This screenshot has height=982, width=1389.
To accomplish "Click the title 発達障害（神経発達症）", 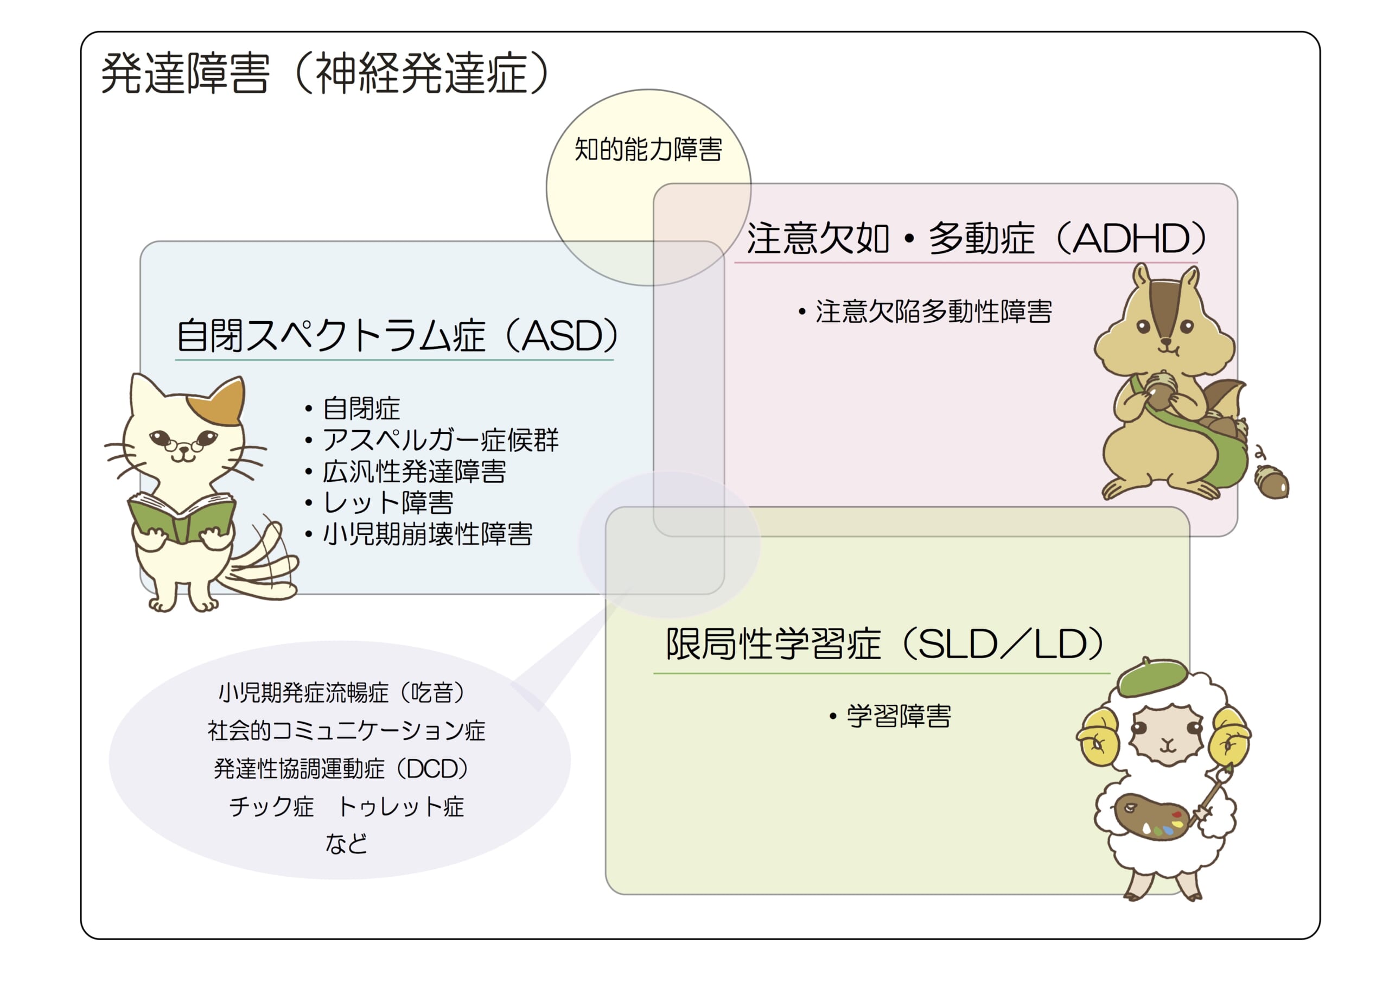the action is pos(325,74).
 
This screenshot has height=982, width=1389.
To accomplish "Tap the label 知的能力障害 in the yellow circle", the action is pos(648,149).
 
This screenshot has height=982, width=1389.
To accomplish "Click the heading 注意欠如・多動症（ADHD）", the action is pos(977,238).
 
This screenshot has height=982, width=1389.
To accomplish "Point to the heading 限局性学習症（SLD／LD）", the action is pos(886,644).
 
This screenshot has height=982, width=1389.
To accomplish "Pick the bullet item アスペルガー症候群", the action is pos(432,440).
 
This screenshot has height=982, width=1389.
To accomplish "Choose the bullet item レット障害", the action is pos(380,502).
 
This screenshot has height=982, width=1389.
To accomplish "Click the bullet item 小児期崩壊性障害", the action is pos(419,534).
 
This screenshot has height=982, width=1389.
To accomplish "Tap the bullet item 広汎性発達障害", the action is pos(406,471).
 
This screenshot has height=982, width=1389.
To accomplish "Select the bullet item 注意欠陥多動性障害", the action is pos(926,311).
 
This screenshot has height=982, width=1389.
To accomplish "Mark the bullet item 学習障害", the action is pos(890,716).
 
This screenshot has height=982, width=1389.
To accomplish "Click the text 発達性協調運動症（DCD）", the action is pos(342,768).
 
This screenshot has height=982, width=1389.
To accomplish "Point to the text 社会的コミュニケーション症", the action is pos(346,731).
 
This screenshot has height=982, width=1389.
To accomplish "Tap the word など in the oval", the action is pos(346,844).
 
